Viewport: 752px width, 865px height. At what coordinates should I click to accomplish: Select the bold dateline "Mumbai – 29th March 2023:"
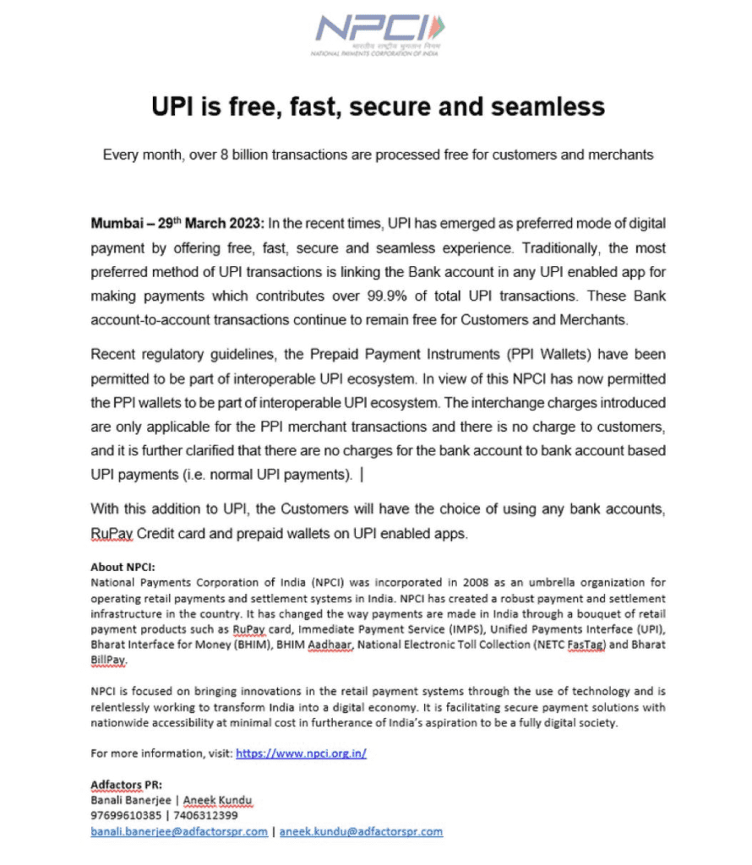coord(177,224)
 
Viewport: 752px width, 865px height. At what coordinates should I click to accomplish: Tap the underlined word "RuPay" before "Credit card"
coord(113,534)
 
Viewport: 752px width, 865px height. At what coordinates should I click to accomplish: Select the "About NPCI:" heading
coord(123,567)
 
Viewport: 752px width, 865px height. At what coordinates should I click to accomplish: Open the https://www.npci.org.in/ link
coord(300,753)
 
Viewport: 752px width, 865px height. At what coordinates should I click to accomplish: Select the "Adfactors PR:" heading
coord(126,784)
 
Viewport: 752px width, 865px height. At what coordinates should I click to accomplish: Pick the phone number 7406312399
coord(202,816)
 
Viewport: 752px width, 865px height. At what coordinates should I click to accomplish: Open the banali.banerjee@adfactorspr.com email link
coord(178,832)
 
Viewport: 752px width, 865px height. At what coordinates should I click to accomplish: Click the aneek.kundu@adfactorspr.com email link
coord(362,832)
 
